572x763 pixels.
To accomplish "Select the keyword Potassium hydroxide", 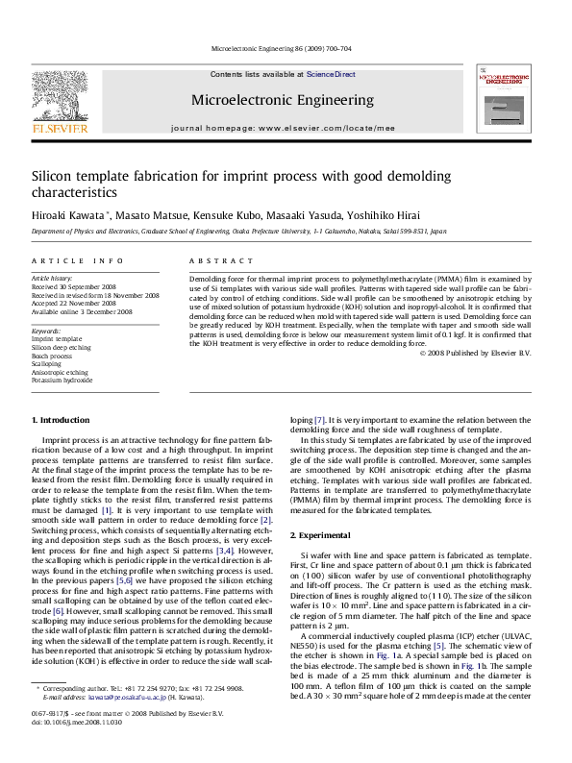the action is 59,380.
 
